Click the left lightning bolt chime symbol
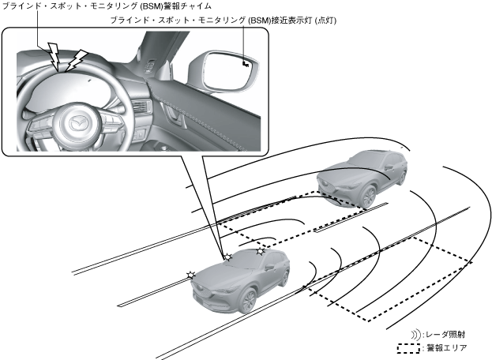(54, 54)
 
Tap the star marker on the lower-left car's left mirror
(190, 274)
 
